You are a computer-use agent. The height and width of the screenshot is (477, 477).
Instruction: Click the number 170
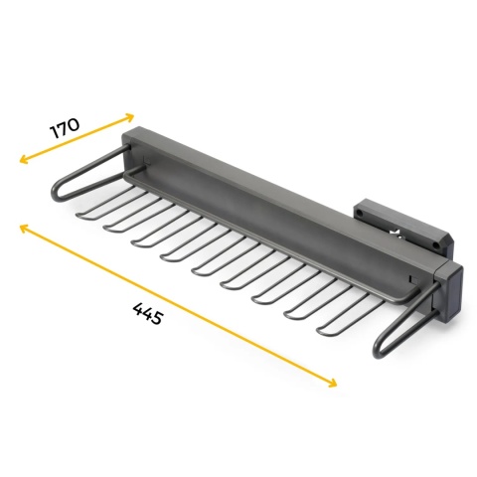click(x=65, y=128)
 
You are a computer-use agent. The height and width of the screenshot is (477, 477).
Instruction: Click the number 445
click(x=148, y=313)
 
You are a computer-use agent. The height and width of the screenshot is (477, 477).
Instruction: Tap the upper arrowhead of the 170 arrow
click(x=130, y=116)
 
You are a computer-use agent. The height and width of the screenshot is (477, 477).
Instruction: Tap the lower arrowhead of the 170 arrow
click(x=23, y=159)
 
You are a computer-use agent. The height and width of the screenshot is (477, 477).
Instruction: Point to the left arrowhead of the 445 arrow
click(x=24, y=228)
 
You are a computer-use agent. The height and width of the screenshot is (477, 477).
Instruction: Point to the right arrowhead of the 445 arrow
click(x=332, y=383)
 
